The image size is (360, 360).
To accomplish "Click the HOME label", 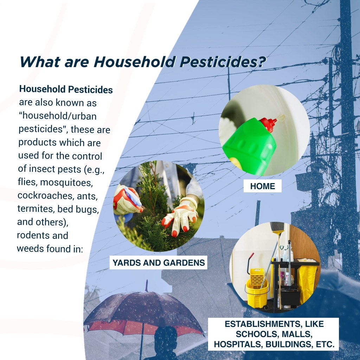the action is click(x=262, y=186).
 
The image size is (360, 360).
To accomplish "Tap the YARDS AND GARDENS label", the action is click(x=159, y=262).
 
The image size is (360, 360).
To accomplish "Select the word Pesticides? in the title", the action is click(x=223, y=62).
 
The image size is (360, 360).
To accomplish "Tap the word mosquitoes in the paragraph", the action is click(x=66, y=182).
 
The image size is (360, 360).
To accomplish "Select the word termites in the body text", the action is click(x=36, y=209).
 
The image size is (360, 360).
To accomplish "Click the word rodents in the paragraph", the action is click(x=31, y=235).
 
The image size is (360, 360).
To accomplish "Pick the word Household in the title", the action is click(x=135, y=62).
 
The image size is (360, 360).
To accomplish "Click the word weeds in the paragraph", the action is click(x=30, y=249).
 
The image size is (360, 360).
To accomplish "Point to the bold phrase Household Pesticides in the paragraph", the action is click(x=66, y=89).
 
